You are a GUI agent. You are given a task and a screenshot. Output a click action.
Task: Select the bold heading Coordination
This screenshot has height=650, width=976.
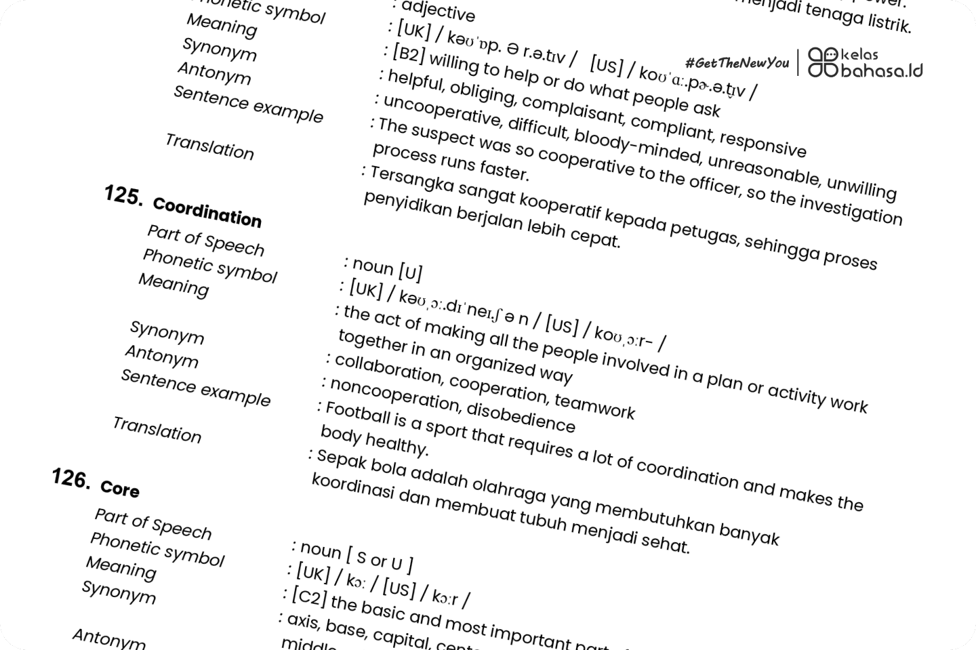point(207,212)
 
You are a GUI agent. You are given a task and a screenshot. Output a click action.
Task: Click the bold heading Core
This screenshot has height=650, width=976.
point(120,488)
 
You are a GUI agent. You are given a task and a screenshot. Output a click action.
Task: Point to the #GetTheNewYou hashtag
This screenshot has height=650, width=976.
point(737,63)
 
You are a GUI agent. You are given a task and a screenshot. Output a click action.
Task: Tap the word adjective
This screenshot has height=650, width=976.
point(439,12)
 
